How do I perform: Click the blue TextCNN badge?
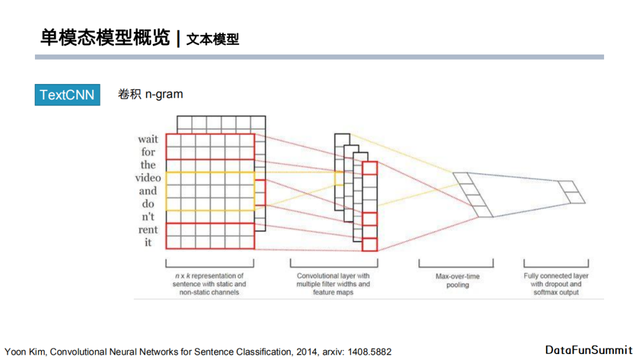67,95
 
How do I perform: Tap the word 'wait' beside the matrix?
148,139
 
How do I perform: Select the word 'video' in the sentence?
148,178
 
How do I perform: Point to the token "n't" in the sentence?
148,217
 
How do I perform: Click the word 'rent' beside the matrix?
148,230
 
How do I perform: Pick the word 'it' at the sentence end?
148,243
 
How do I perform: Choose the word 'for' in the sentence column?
148,152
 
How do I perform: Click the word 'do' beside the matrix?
148,204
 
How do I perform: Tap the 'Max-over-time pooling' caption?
457,281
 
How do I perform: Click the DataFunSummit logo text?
589,350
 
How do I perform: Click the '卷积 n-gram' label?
150,94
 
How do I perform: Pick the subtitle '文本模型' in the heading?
212,40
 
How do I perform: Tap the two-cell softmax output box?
570,192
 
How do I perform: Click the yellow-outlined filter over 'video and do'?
210,191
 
